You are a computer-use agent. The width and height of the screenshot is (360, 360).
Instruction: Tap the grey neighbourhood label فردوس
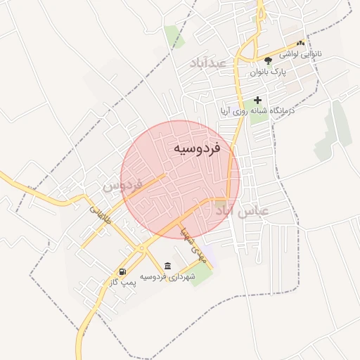(x=122, y=186)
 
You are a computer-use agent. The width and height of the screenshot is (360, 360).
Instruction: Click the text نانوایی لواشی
(x=301, y=53)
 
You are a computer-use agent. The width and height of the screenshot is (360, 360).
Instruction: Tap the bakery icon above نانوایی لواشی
(x=301, y=43)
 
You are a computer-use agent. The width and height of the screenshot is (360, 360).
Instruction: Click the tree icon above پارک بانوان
(x=268, y=60)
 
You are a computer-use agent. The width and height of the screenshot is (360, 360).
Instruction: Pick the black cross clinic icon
(x=258, y=101)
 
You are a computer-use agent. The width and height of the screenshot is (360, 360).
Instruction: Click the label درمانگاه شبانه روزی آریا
(x=257, y=111)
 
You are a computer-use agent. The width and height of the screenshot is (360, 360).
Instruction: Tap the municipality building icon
(x=167, y=266)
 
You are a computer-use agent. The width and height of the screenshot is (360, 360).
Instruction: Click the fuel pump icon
(x=123, y=272)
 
